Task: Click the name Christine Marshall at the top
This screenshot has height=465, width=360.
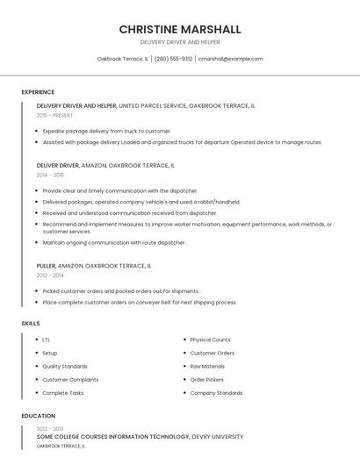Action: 180,29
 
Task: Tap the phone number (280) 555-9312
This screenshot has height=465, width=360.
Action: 174,59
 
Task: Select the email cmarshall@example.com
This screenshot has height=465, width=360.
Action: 230,59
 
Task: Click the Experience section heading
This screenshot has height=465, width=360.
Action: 38,92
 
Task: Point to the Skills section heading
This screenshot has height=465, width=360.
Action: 31,324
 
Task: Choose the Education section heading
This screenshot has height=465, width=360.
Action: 38,416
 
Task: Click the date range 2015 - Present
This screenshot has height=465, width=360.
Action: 54,115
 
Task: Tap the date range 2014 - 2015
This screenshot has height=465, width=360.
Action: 50,175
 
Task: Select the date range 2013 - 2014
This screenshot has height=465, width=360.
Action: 50,275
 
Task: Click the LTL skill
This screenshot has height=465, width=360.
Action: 46,340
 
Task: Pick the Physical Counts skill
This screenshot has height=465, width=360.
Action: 210,340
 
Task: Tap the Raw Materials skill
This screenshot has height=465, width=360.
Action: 207,366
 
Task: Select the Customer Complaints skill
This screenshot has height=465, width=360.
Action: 70,380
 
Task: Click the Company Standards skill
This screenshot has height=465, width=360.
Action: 216,393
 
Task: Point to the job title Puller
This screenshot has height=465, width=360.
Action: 46,265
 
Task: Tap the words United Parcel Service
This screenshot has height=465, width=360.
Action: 152,105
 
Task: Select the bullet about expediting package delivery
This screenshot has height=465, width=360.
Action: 106,131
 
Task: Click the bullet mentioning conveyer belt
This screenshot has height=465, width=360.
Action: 140,302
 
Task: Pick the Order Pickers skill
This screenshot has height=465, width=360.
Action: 206,380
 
